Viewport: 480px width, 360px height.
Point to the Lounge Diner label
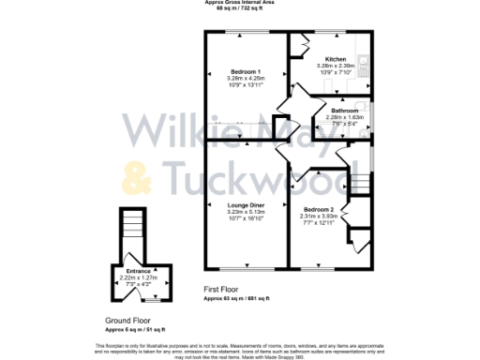click(246, 204)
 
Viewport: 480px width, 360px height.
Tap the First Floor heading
click(222, 291)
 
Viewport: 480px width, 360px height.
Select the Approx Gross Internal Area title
click(239, 3)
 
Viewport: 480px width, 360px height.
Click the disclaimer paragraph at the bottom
click(240, 349)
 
